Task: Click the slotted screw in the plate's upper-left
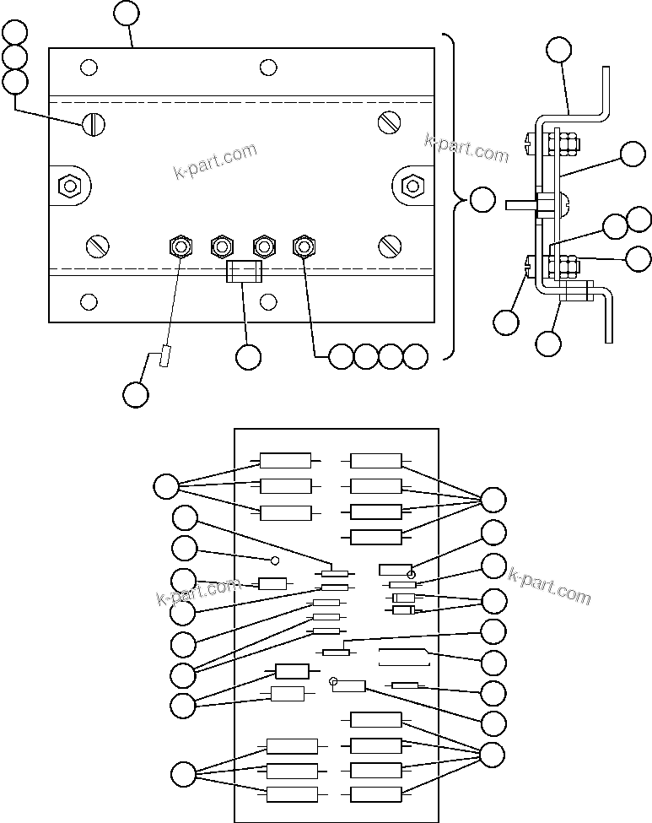94,125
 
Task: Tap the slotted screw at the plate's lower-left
97,246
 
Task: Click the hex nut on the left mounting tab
69,185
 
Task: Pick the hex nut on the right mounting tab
412,185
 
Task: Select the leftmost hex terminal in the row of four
180,246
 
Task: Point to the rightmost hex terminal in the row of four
304,246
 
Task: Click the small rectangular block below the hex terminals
244,272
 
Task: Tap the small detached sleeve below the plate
165,357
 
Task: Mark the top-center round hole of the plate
268,67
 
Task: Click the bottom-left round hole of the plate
89,301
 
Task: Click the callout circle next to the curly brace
482,201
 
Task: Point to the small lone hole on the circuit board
274,560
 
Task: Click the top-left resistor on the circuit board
285,460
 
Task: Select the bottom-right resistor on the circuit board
375,793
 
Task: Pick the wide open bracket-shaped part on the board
405,658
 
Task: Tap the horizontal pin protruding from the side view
520,204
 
